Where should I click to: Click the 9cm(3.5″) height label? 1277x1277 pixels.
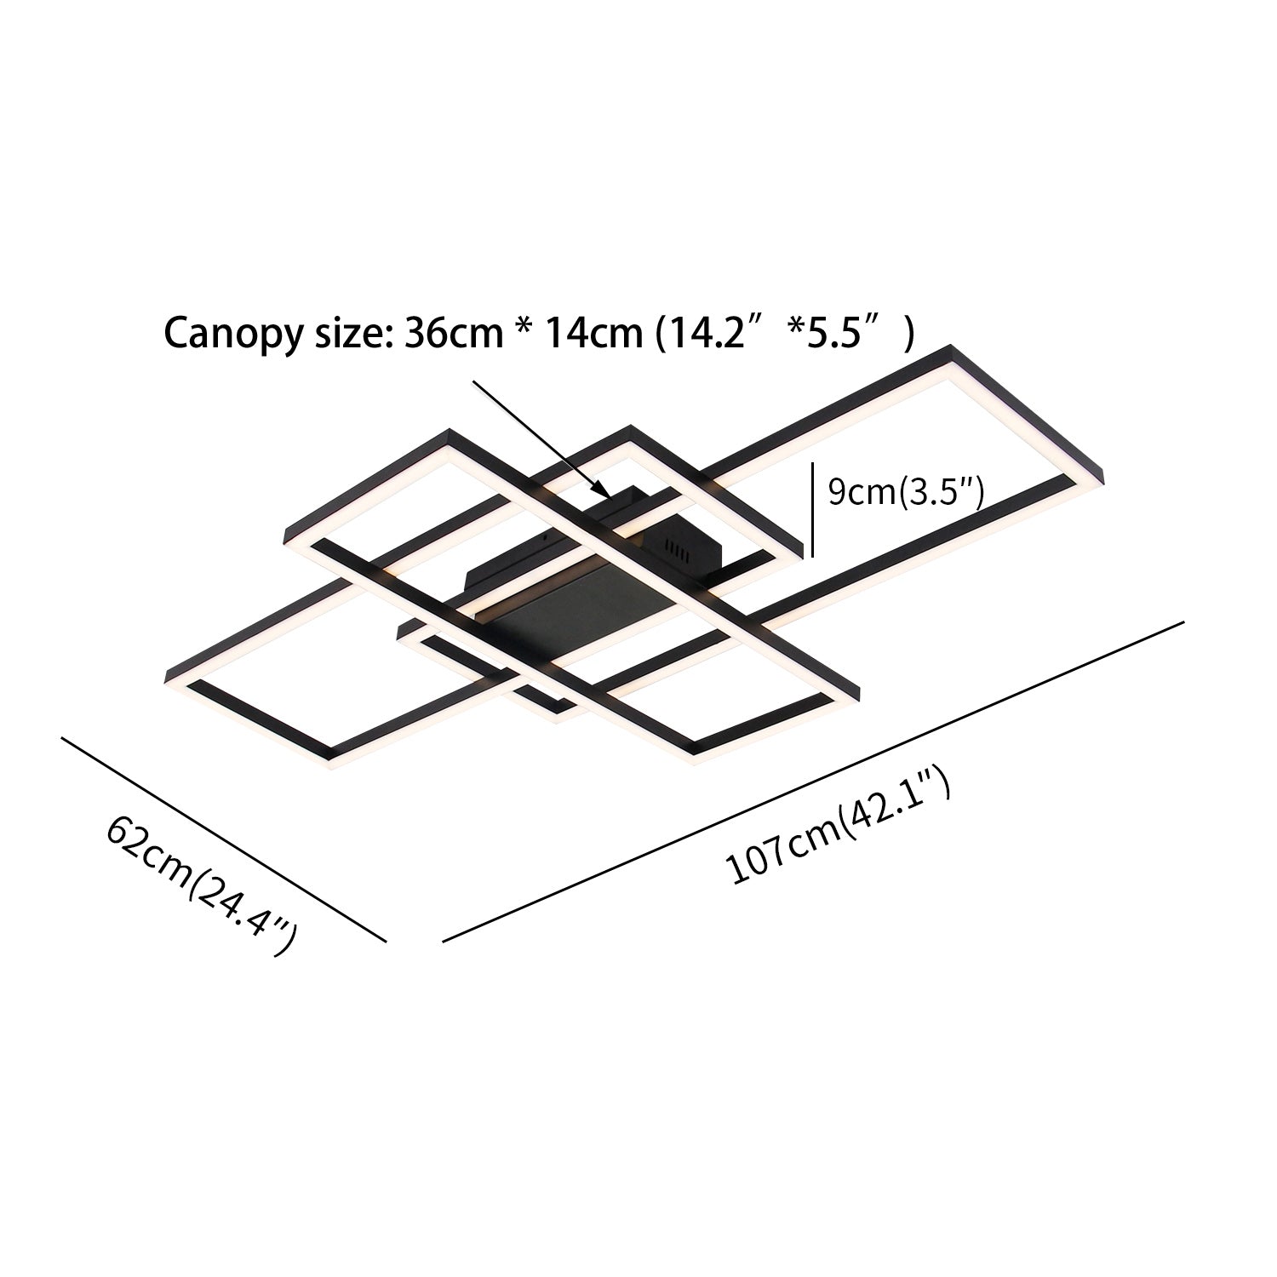906,493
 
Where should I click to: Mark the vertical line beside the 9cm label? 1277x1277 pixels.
814,509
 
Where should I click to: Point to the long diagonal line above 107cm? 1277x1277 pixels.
813,782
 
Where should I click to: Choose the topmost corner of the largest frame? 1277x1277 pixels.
950,346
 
